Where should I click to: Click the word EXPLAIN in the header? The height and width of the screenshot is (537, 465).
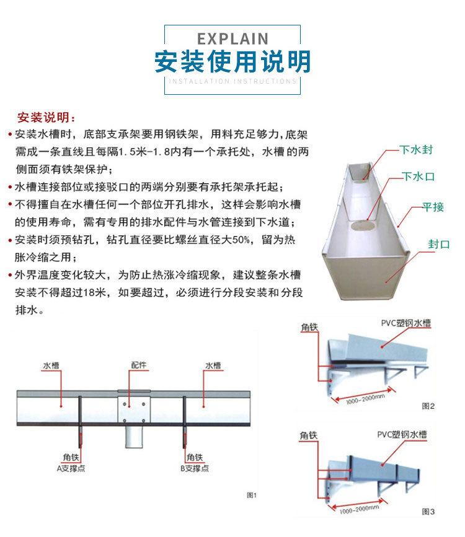click(x=232, y=38)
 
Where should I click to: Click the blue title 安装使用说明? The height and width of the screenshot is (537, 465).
click(x=232, y=62)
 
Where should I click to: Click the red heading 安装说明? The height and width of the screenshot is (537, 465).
click(x=46, y=118)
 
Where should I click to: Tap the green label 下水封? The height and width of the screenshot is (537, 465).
click(x=416, y=150)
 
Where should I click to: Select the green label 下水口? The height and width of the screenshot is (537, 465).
click(x=418, y=177)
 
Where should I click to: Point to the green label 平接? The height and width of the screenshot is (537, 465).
click(x=433, y=207)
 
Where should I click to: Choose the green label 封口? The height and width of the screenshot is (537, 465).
click(x=438, y=244)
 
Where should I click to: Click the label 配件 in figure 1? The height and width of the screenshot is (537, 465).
click(x=139, y=365)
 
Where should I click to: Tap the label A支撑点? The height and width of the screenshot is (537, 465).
click(x=71, y=468)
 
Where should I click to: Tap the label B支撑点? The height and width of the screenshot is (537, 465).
click(x=195, y=468)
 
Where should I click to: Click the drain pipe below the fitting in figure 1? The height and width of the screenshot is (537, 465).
click(x=134, y=437)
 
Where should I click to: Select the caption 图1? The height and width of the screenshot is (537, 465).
click(x=252, y=495)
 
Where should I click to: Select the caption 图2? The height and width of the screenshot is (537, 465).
click(x=428, y=406)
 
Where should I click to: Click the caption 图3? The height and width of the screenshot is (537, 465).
click(x=428, y=512)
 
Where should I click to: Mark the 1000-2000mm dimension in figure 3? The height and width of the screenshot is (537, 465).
click(x=359, y=510)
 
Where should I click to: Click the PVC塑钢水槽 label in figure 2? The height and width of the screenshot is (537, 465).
click(x=405, y=323)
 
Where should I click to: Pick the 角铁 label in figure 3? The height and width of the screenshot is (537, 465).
click(x=309, y=435)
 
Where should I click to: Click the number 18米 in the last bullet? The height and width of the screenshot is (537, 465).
click(x=94, y=292)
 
